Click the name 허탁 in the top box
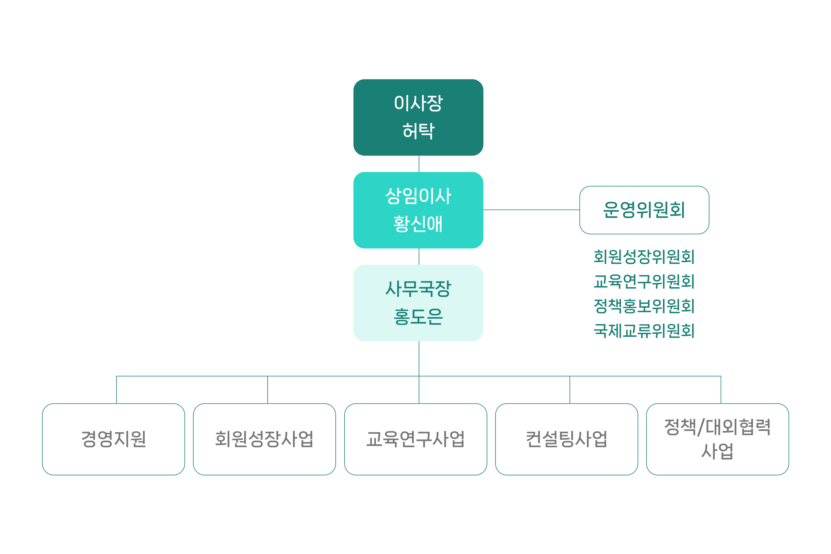coord(418,131)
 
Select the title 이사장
coord(418,103)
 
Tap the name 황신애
coord(418,224)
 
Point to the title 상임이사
coord(418,196)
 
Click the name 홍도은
coord(418,316)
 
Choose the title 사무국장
coord(418,289)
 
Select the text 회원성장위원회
coord(644,257)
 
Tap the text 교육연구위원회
coord(644,282)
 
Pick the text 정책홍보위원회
coord(644,306)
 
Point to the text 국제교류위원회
coord(644,331)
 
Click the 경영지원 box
coord(113,439)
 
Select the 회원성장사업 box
coord(264,439)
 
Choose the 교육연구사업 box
coord(415,439)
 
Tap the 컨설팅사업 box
coord(566,439)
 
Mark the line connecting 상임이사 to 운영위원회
coord(531,210)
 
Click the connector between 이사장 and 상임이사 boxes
coord(419,164)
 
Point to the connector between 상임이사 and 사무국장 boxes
coord(419,256)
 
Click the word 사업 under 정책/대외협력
coord(717,451)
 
